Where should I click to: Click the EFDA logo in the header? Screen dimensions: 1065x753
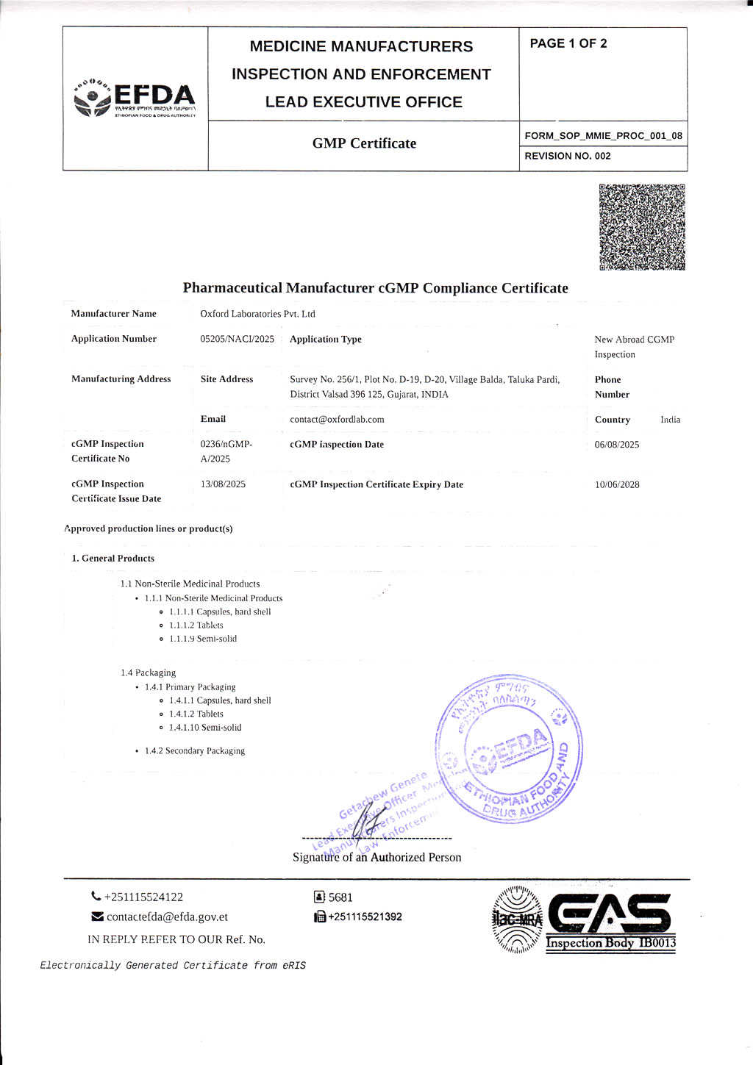[x=135, y=98]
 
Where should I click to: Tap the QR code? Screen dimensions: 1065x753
[x=642, y=227]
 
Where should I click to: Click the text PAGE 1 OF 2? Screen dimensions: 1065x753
[x=568, y=43]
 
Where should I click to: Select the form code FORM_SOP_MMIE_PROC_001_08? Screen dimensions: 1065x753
[x=603, y=135]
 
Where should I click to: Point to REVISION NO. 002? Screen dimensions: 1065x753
[x=568, y=156]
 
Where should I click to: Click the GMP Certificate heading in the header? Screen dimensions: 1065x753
[x=364, y=143]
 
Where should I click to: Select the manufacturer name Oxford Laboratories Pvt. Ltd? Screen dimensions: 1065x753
[x=257, y=314]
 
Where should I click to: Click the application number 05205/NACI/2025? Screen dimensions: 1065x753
[x=237, y=339]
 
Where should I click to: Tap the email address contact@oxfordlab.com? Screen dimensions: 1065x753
[x=337, y=420]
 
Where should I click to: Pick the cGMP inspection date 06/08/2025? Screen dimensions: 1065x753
[x=617, y=445]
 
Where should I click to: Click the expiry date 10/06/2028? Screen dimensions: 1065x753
[x=617, y=484]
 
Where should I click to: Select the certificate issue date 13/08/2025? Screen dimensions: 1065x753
[x=223, y=484]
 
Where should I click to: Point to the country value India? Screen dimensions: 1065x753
[x=670, y=420]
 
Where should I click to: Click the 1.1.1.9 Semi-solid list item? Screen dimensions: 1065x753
[x=203, y=639]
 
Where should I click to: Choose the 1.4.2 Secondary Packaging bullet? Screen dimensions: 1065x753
[x=195, y=750]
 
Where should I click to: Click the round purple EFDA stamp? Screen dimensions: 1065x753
[x=510, y=749]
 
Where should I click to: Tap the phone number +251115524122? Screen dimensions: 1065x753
[x=143, y=897]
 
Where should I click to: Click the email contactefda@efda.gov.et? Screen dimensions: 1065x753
[x=167, y=917]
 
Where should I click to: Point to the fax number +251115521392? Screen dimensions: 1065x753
[x=365, y=917]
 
